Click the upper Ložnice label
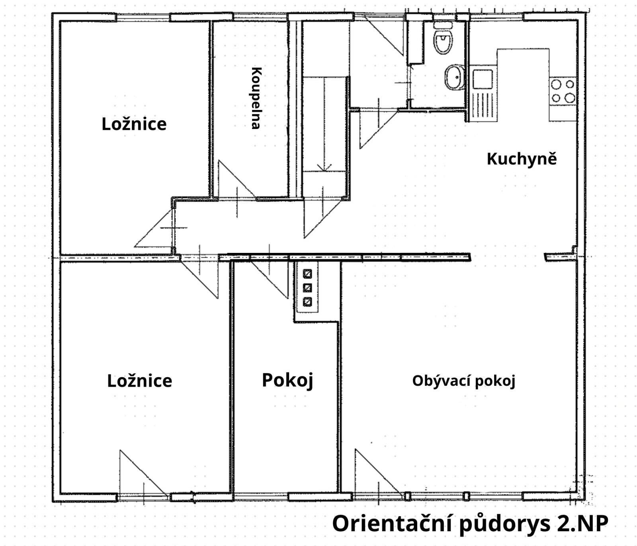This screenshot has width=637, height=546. [x=134, y=124]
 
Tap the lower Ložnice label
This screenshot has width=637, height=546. [x=139, y=381]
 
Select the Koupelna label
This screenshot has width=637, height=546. [x=256, y=98]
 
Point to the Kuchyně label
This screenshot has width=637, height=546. [x=522, y=159]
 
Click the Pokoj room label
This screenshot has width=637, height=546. [x=287, y=380]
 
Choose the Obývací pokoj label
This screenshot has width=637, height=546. [x=464, y=381]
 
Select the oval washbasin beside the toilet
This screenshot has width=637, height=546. [x=454, y=77]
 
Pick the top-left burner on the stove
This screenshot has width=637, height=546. [x=556, y=84]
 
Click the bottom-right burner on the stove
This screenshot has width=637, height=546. [x=570, y=98]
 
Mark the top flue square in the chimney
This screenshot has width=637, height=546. [x=307, y=274]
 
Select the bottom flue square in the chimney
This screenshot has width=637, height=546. [x=307, y=302]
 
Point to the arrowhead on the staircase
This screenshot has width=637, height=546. [x=325, y=168]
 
